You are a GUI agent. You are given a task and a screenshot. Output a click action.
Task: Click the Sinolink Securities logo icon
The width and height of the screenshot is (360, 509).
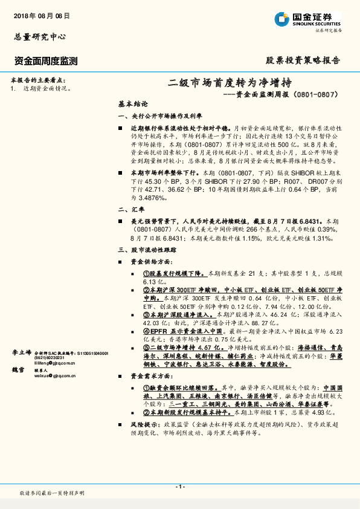(281, 19)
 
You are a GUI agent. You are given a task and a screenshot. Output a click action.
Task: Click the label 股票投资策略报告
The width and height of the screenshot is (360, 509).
(303, 60)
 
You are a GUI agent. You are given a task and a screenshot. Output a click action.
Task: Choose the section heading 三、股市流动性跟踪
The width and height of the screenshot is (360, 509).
(143, 248)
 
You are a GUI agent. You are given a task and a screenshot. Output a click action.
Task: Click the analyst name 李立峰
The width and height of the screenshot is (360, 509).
(21, 352)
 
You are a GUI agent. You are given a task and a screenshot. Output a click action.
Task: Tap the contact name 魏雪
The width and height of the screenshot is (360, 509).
(18, 369)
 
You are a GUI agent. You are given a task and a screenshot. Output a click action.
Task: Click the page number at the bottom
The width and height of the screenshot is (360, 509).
(179, 487)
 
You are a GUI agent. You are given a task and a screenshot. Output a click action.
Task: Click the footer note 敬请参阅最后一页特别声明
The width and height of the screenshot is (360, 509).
(52, 493)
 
